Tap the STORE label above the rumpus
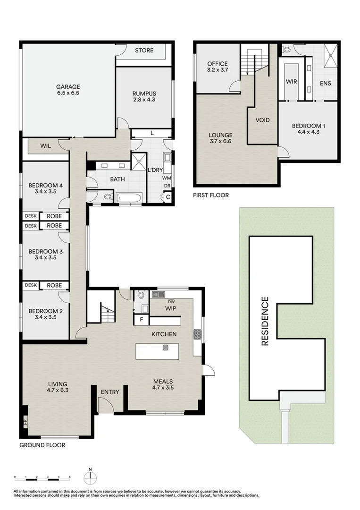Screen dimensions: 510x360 144,51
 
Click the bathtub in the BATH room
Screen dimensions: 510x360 128,197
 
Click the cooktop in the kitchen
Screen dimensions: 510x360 197,334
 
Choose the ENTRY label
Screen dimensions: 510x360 110,392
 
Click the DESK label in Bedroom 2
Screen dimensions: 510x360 31,285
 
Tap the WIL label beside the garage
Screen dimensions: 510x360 46,146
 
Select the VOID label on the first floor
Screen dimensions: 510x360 262,120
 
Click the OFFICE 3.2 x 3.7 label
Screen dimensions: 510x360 217,67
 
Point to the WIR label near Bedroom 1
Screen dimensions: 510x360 291,81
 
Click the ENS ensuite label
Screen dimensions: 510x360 325,83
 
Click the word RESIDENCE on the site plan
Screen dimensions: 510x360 265,321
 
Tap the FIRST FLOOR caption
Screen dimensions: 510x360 210,195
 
